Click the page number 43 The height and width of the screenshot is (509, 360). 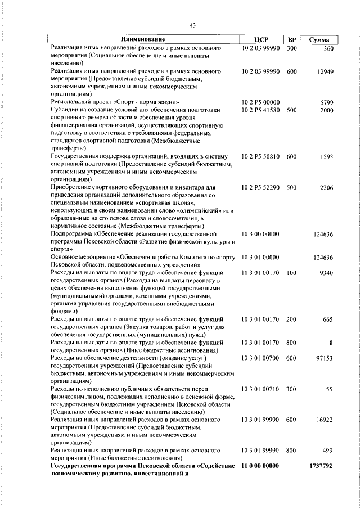coord(192,25)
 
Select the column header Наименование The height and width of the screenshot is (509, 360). coord(143,39)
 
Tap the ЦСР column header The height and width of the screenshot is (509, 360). coord(262,39)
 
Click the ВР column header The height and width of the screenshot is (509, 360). coord(291,39)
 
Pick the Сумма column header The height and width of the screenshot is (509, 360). coord(319,39)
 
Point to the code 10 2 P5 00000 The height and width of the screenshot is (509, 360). coord(261,102)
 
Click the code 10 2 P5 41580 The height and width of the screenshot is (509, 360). coord(261,110)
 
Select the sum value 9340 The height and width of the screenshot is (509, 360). coord(327,273)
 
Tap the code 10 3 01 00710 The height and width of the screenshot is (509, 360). coord(261,389)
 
